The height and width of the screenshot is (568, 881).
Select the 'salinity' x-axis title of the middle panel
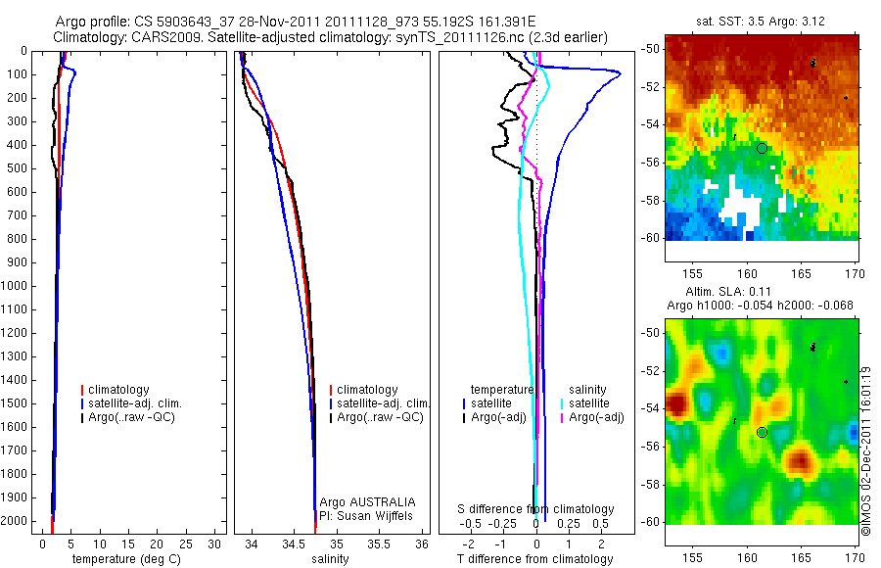click(330, 559)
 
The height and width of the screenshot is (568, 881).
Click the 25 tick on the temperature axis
click(187, 543)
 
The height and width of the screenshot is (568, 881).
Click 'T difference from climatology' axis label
click(535, 559)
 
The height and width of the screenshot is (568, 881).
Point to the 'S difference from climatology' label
click(535, 509)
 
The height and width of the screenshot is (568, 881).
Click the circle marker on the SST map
click(762, 148)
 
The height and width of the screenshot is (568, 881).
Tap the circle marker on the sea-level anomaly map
click(762, 432)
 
